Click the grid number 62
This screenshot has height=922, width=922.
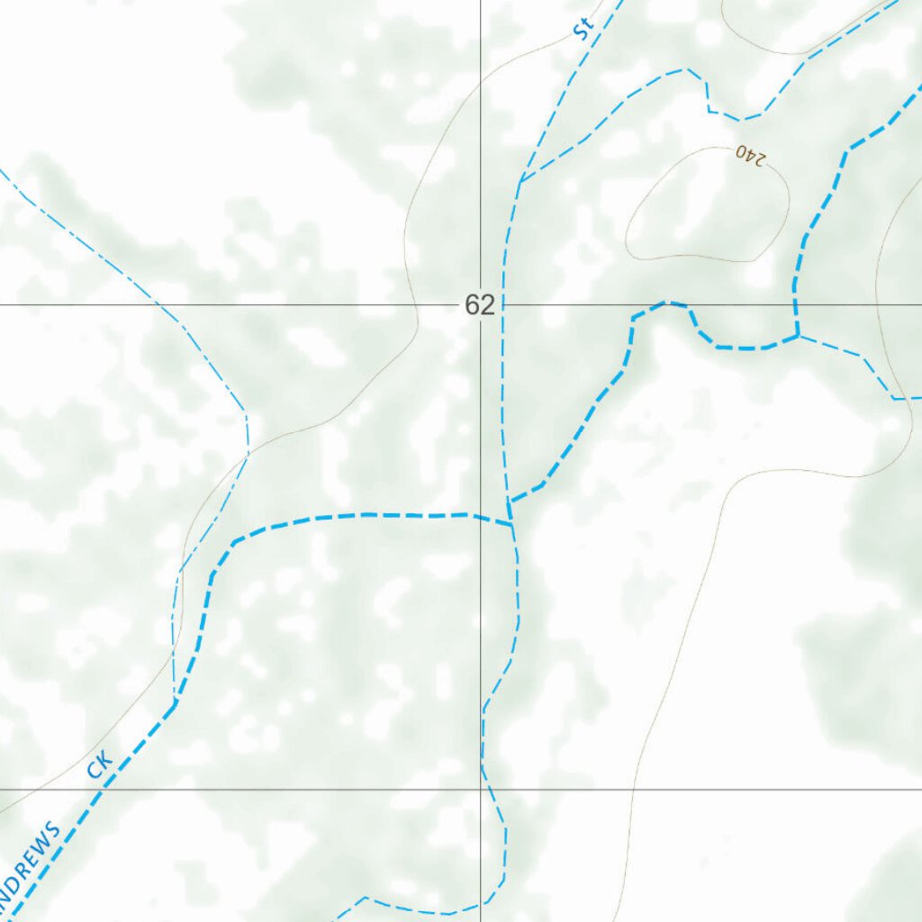[480, 305]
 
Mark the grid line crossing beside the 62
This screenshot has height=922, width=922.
[481, 305]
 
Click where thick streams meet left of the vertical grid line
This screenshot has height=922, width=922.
[511, 520]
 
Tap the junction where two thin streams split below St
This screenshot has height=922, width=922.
[520, 181]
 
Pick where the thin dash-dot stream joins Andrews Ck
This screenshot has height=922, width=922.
[174, 703]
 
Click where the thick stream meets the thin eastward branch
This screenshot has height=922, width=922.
[798, 336]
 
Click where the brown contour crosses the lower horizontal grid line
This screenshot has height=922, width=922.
[634, 790]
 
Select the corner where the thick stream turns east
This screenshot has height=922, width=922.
[233, 542]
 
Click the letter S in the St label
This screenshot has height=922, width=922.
[581, 33]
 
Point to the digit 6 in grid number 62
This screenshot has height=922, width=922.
[473, 305]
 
